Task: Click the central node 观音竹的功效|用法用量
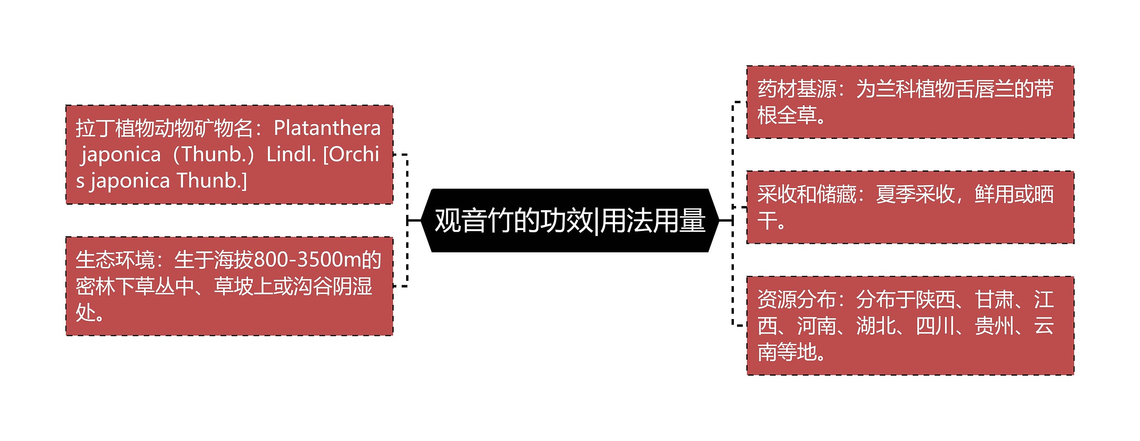tap(570, 220)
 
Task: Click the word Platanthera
tap(327, 128)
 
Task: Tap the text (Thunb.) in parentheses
tap(214, 154)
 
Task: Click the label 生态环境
tap(115, 260)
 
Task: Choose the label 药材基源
tap(797, 89)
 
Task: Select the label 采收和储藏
tap(806, 194)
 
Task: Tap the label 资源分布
tap(797, 299)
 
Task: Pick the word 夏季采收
tap(915, 194)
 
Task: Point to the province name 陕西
tap(935, 299)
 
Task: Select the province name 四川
tap(935, 326)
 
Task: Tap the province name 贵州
tap(994, 326)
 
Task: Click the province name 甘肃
tap(994, 299)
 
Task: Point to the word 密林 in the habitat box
tap(95, 286)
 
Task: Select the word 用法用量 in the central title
tap(653, 220)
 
